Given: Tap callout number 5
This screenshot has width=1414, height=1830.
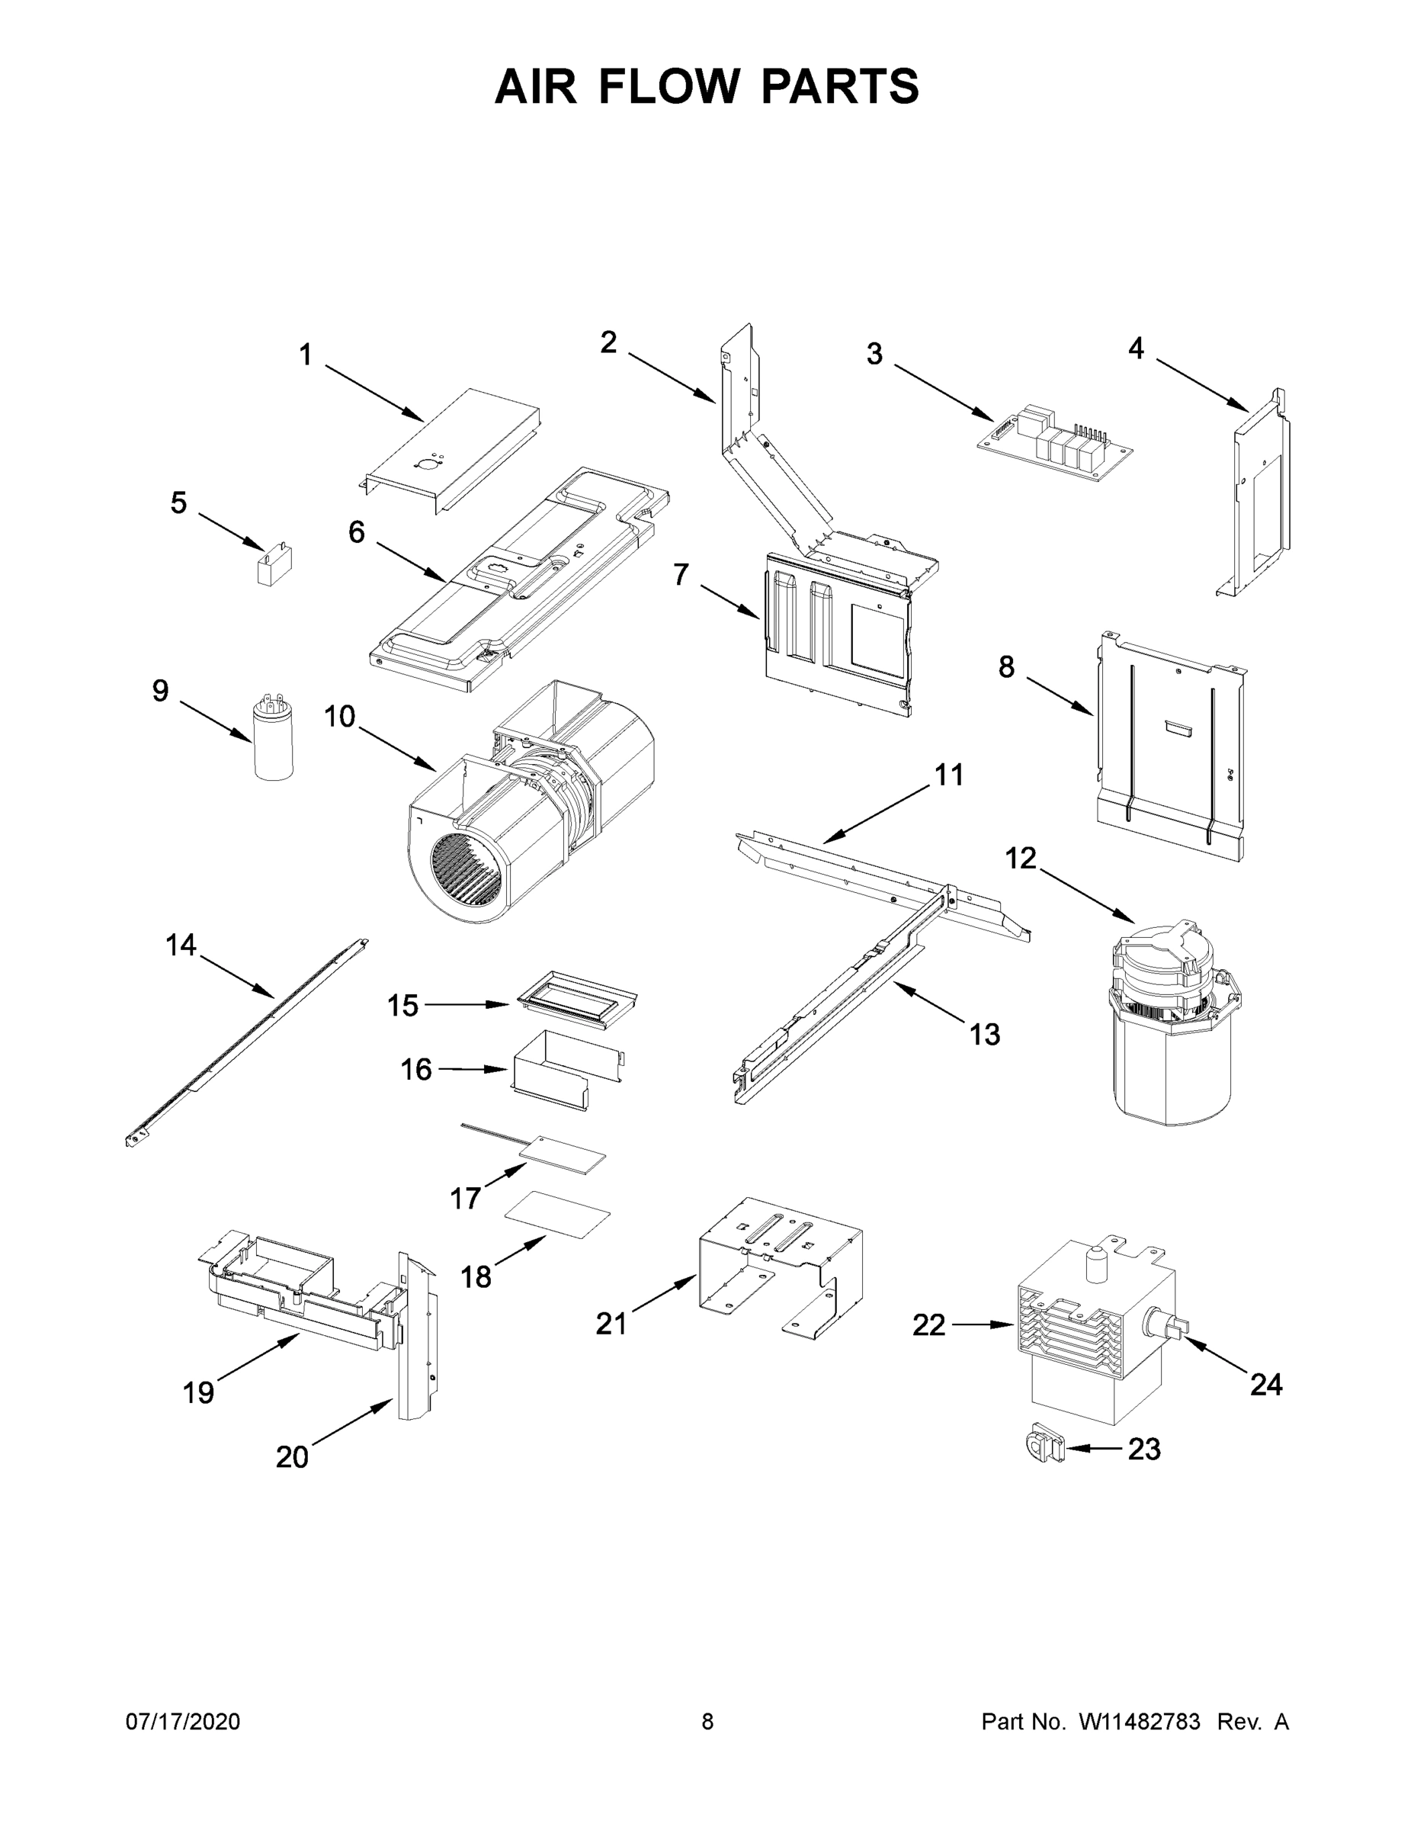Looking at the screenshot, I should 178,502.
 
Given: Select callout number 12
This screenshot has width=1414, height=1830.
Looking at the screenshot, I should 1021,858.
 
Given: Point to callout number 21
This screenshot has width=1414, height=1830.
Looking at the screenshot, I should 611,1324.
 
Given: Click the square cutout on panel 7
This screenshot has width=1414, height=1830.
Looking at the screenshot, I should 878,637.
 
